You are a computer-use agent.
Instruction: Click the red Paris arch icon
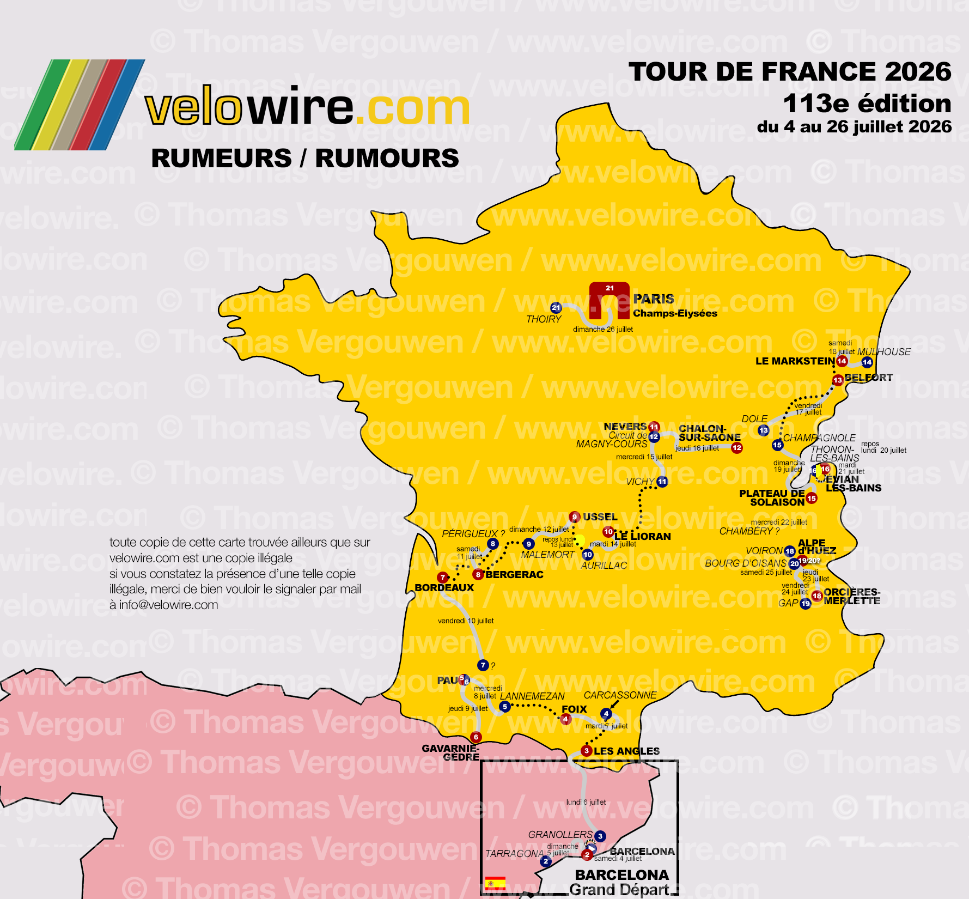[609, 300]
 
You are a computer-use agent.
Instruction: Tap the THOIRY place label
[543, 319]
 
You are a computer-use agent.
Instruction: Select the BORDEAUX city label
[444, 588]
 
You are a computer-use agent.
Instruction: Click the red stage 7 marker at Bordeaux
[443, 578]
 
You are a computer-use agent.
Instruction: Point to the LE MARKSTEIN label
[795, 361]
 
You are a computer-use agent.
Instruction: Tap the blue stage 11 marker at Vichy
[662, 482]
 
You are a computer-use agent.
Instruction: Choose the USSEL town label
[600, 517]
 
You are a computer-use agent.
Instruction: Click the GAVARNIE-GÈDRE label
[450, 752]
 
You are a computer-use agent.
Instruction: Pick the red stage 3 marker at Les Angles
[586, 751]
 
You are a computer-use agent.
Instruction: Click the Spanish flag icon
[495, 883]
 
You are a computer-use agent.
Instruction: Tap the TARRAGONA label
[514, 854]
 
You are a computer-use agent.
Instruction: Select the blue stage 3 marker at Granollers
[600, 836]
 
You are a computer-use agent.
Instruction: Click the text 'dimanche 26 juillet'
[602, 329]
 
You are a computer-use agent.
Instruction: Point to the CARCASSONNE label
[620, 695]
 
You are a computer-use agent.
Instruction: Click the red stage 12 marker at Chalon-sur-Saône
[736, 448]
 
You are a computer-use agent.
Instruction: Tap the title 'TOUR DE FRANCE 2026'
[789, 72]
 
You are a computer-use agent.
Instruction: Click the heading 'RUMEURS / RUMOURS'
[305, 159]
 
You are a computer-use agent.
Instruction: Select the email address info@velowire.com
[168, 605]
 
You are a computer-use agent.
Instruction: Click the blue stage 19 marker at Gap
[805, 604]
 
